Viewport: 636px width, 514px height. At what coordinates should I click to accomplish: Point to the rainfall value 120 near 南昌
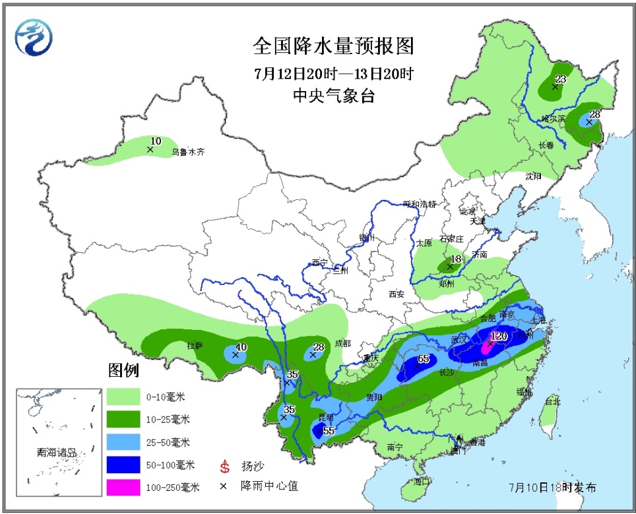499,336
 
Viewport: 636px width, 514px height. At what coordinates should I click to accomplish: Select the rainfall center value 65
424,359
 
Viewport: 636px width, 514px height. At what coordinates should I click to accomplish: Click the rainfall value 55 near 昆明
329,431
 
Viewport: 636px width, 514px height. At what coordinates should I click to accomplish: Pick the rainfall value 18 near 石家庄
455,259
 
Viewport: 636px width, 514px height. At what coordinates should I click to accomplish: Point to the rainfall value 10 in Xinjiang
156,141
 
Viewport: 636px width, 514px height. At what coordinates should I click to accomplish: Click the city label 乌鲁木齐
188,152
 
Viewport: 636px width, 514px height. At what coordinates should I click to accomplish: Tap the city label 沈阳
533,176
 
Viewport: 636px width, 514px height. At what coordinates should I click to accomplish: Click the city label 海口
422,482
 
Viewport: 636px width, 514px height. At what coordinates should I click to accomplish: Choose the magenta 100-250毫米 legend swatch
123,488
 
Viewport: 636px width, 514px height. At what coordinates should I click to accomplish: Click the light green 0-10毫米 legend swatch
123,396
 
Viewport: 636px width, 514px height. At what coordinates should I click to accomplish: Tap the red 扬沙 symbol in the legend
225,467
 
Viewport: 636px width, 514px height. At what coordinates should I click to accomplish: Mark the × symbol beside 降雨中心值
225,486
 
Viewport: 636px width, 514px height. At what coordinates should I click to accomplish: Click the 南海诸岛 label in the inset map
57,453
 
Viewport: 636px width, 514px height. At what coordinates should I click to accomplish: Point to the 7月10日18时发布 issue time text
553,488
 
